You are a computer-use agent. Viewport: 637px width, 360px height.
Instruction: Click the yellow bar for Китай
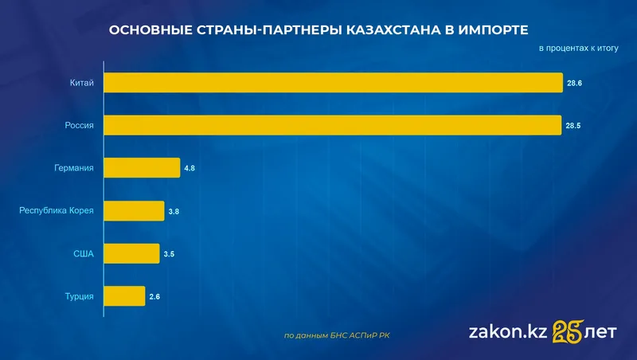333,83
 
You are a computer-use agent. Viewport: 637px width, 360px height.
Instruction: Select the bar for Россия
333,125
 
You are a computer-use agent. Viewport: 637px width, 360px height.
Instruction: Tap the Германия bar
142,168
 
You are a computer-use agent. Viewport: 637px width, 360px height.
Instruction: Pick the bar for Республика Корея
134,211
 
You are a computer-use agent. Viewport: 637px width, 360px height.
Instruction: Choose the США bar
131,254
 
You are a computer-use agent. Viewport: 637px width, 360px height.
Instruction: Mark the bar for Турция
123,296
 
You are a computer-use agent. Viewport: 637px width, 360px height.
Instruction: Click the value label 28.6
574,83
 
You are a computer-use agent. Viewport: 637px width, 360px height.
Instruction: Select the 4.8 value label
190,168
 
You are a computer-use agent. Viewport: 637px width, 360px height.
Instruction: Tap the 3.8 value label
174,211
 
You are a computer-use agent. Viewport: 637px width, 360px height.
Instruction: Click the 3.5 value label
169,254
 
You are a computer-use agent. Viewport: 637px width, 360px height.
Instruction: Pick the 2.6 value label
154,297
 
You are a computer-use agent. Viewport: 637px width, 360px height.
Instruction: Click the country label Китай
82,83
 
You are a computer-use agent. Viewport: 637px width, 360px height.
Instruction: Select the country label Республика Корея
57,211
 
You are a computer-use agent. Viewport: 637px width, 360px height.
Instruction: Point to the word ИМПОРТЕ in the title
492,30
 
